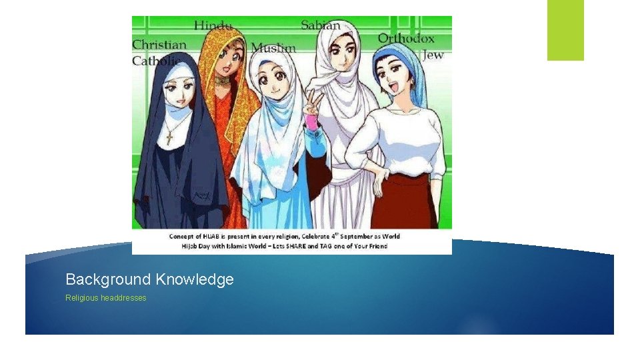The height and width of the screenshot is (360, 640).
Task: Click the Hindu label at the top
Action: coord(213,26)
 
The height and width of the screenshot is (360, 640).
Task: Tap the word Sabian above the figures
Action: coord(321,25)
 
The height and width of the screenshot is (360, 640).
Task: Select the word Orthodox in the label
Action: coord(406,39)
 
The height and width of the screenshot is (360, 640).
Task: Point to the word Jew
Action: coord(433,55)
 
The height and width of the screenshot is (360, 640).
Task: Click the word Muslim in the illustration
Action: coord(273,47)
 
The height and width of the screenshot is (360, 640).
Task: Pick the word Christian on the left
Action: coord(159,45)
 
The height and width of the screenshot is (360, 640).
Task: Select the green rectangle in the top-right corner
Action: coord(565,29)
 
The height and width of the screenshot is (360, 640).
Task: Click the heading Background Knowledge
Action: coord(149,279)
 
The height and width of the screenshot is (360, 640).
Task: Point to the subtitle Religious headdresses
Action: coord(105,297)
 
